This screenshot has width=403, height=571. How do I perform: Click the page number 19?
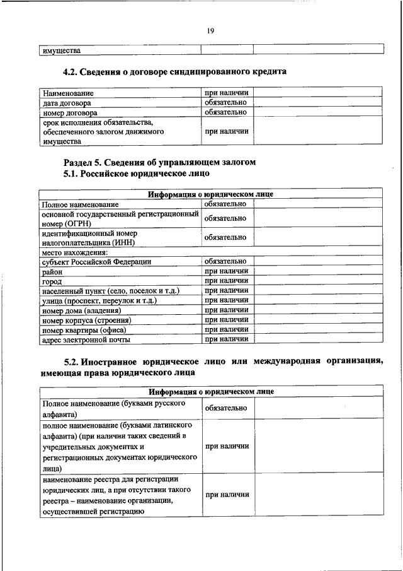(210, 29)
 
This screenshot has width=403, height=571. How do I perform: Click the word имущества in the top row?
(61, 50)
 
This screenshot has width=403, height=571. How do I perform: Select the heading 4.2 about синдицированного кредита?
(175, 72)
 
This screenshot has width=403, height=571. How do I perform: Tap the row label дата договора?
(67, 103)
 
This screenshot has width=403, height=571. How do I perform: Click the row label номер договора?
(69, 112)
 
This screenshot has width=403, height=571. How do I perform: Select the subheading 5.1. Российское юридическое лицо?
(137, 173)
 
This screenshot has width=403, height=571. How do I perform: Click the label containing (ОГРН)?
(118, 218)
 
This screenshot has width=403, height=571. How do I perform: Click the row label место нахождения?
(74, 252)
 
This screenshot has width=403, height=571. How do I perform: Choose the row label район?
(52, 271)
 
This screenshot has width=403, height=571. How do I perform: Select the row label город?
(52, 281)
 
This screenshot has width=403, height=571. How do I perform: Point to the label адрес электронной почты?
(86, 339)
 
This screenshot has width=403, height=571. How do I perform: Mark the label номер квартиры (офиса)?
(84, 330)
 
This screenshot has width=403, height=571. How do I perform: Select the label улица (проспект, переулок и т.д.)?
(99, 301)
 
